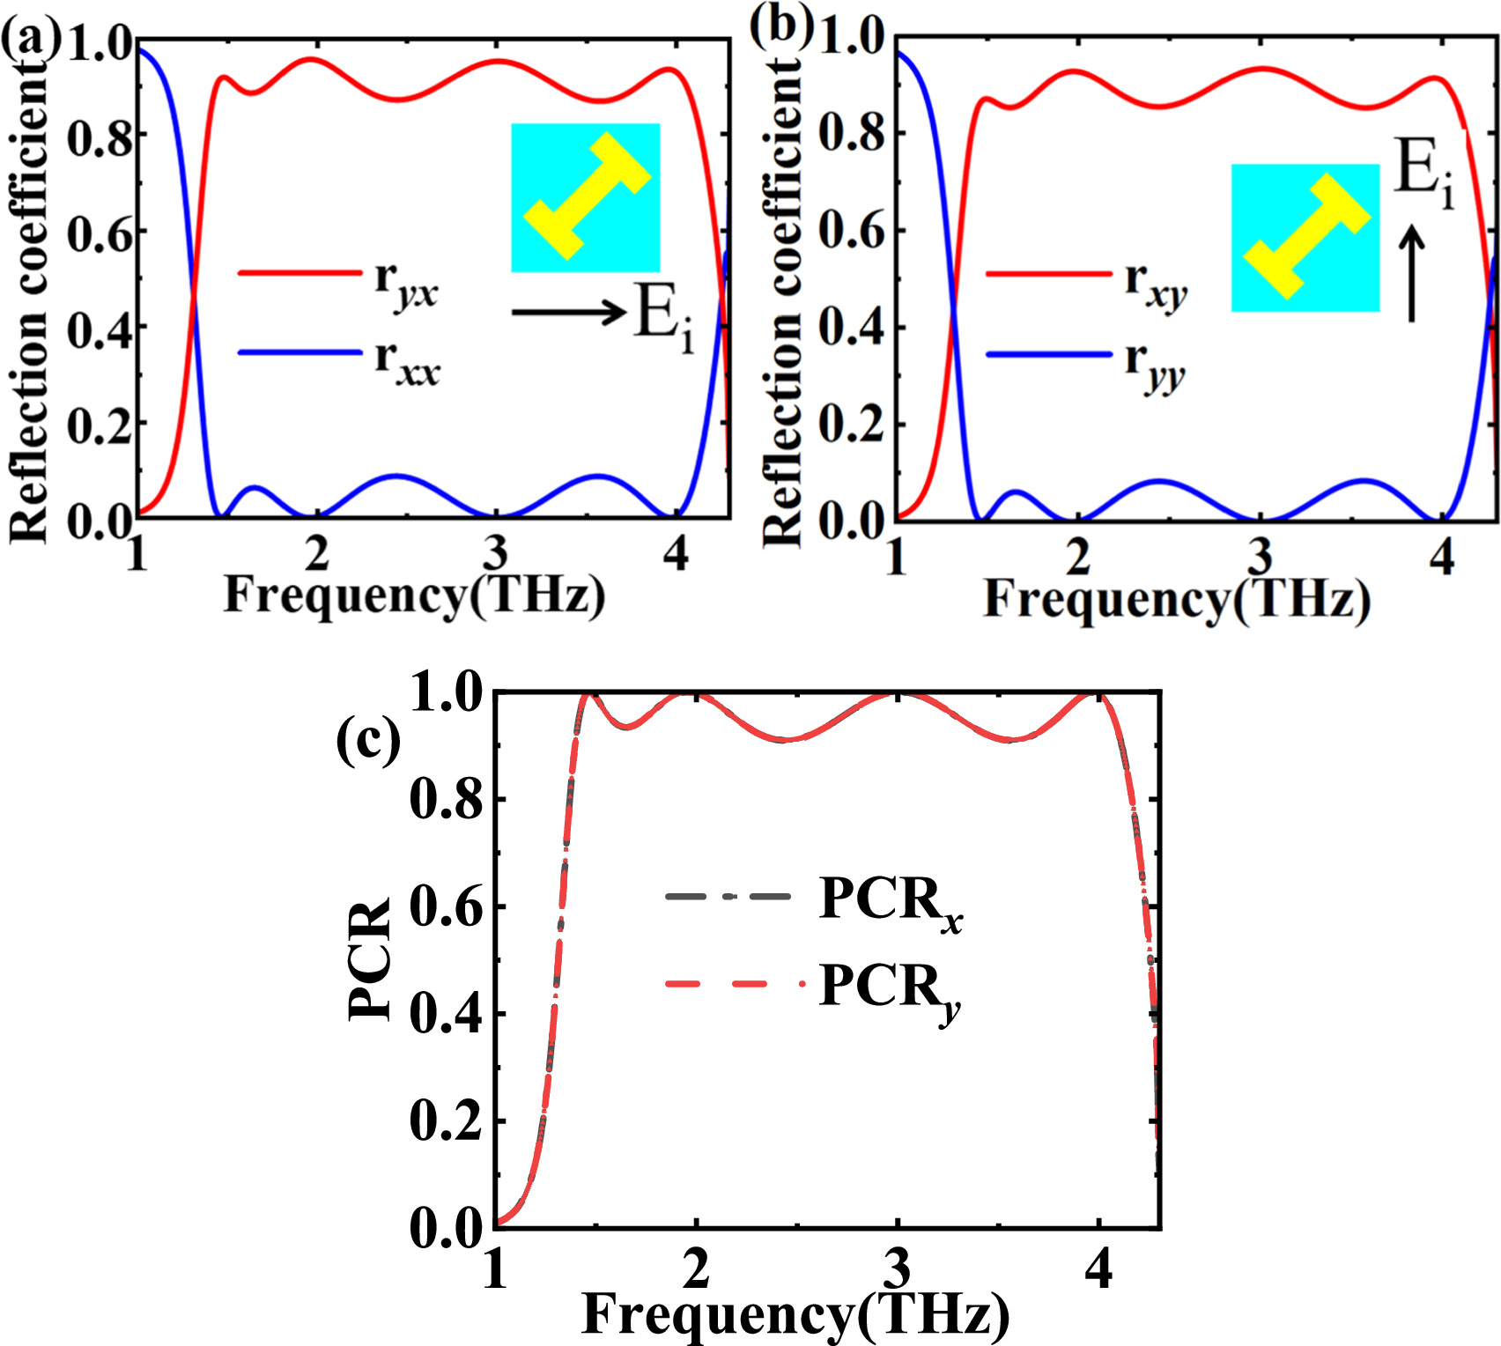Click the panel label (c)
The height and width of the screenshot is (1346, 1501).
point(368,740)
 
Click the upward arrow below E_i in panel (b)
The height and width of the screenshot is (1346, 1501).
point(1411,274)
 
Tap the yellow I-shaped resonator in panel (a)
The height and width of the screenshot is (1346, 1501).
point(587,196)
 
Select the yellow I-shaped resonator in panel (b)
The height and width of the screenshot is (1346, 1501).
point(1306,237)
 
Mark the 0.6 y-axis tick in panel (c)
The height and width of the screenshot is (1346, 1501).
point(447,907)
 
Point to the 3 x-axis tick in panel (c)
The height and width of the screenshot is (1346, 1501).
point(897,1268)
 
